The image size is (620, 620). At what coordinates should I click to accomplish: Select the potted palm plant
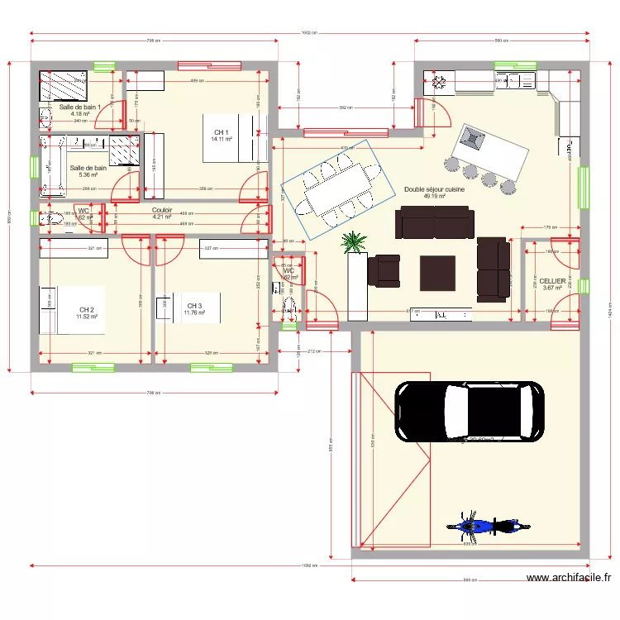354,242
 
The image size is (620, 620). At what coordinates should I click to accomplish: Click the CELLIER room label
553,281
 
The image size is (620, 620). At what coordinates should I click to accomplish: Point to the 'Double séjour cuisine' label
434,189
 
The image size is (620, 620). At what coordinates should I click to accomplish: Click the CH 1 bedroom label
222,132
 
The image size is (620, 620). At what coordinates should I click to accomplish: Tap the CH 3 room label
194,306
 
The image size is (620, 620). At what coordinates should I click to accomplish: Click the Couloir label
162,210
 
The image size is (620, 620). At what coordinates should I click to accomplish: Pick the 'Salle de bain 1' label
79,107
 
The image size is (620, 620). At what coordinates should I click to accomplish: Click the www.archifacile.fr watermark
570,579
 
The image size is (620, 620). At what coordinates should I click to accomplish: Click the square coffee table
437,271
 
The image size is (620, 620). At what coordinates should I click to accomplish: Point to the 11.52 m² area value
87,317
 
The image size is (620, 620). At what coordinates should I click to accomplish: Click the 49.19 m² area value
434,197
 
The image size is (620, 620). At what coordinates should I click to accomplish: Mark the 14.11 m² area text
222,139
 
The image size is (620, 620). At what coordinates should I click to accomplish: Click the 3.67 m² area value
553,289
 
